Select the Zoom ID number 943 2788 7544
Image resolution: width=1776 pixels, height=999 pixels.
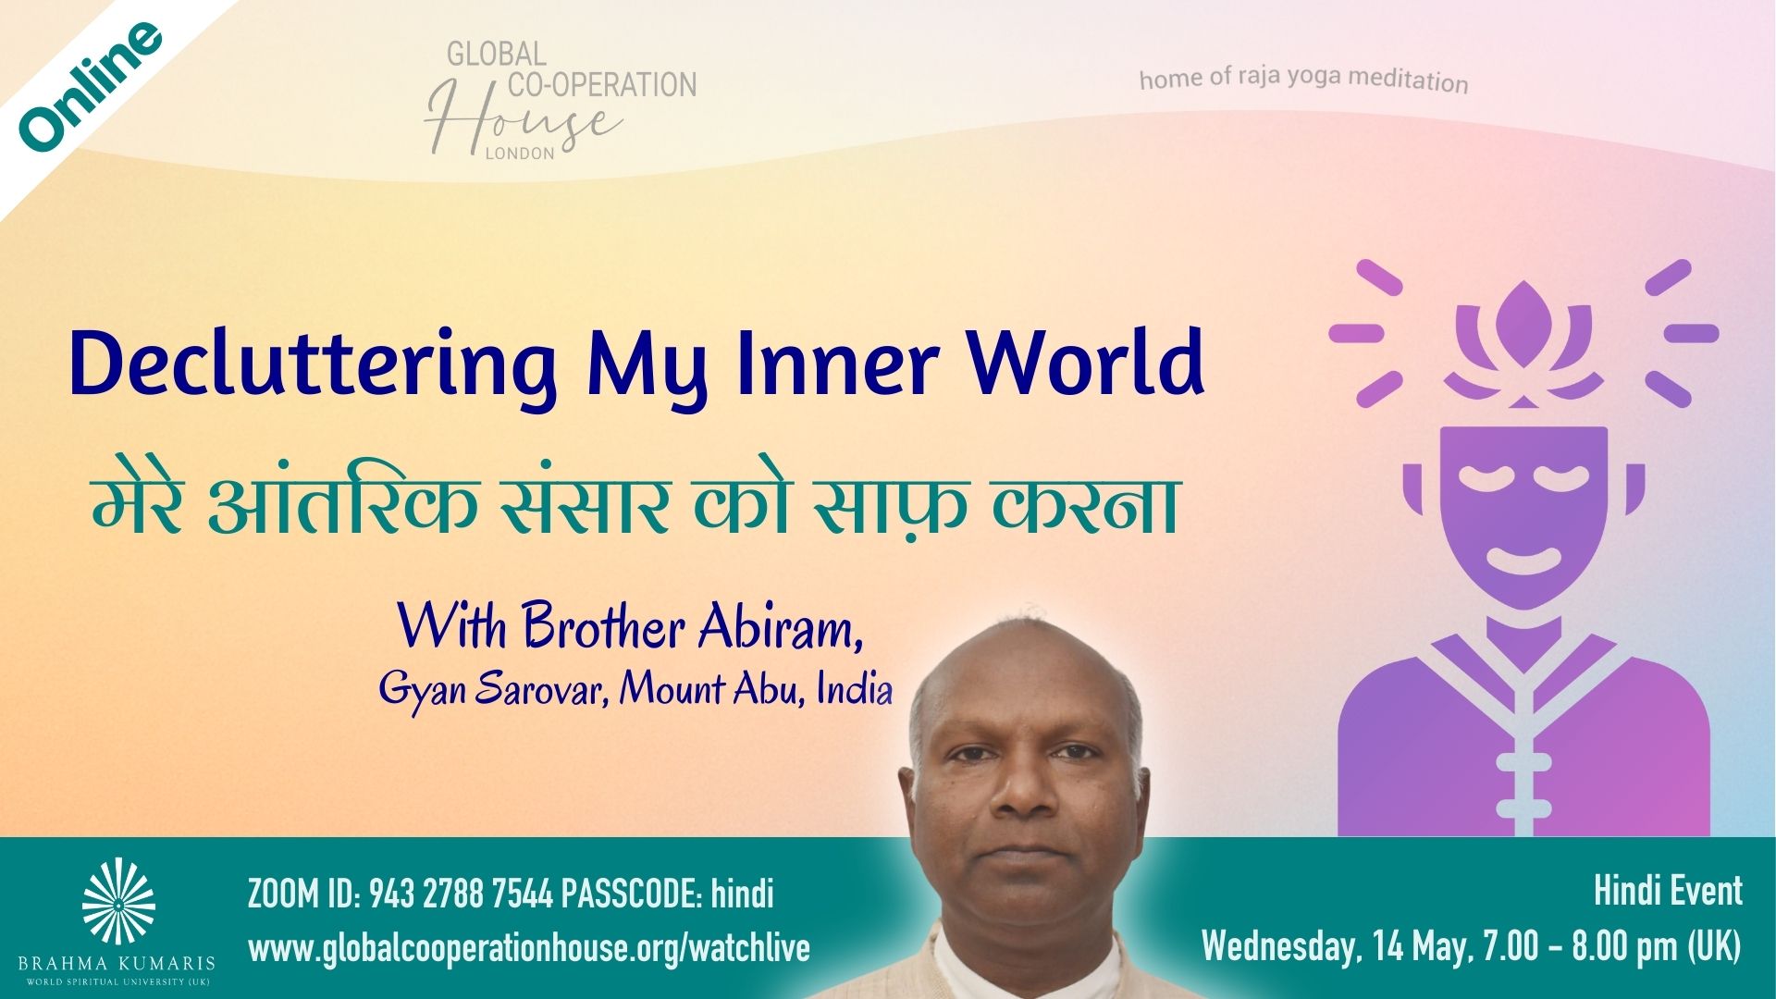click(x=461, y=894)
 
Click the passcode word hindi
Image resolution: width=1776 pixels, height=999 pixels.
click(x=743, y=894)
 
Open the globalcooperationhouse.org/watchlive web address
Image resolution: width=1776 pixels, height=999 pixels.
click(x=528, y=948)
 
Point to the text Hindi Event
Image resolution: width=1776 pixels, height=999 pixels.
click(x=1668, y=891)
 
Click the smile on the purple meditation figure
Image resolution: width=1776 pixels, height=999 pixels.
click(x=1523, y=561)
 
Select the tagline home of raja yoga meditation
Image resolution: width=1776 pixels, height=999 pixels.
click(x=1303, y=80)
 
